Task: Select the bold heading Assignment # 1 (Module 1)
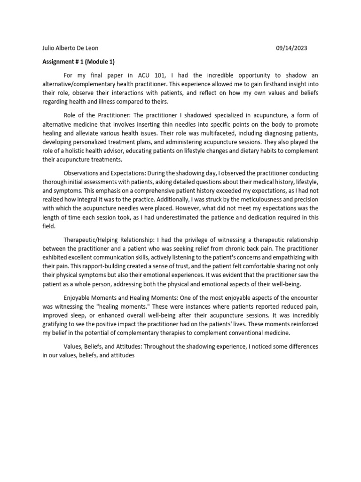point(78,62)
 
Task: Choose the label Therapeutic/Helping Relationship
point(112,240)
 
